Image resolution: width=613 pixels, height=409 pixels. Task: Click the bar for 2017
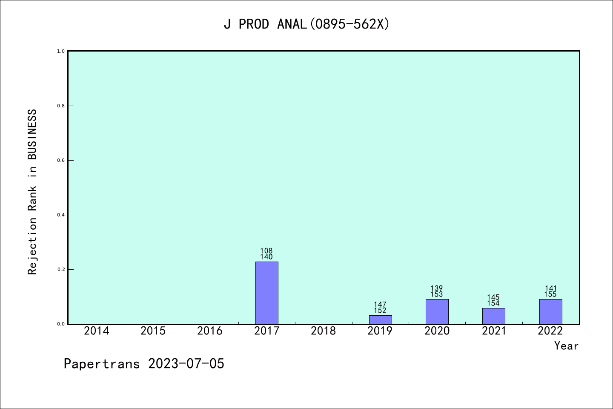coord(266,293)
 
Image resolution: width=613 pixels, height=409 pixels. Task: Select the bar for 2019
coord(380,320)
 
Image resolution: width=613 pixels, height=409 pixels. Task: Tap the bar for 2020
coord(437,311)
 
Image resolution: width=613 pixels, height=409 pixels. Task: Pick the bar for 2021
coord(493,316)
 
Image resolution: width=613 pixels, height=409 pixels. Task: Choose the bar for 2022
coord(550,311)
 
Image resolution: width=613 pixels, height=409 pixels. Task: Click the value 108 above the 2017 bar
coord(266,251)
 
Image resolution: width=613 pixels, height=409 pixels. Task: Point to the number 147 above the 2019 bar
coord(380,305)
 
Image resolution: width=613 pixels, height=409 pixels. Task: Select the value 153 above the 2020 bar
coord(437,294)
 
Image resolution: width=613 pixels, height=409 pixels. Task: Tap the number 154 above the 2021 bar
coord(493,303)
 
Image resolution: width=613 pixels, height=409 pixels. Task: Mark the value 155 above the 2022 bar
coord(550,294)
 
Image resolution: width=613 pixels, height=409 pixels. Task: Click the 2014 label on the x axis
coord(96,331)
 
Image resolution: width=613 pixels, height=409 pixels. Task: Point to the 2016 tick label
coord(210,331)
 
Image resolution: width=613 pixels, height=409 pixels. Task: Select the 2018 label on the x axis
coord(323,331)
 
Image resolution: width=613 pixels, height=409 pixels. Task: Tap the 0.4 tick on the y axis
coord(61,215)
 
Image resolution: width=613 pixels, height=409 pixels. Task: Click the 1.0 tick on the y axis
coord(61,51)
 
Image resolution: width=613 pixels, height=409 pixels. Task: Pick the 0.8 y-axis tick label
coord(61,106)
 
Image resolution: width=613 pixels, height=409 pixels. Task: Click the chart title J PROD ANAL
coord(306,24)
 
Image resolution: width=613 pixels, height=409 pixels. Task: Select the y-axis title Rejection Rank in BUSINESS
coord(32,192)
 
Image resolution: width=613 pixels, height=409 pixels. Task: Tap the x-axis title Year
coord(566,346)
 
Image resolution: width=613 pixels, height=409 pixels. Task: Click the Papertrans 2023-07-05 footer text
coord(144,364)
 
